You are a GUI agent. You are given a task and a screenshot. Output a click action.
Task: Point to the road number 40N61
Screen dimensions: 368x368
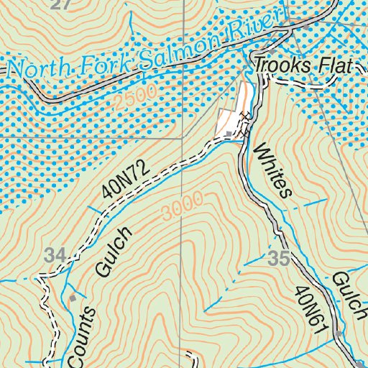click(305, 305)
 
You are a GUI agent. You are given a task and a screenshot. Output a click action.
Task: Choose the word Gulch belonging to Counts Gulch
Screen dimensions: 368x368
click(114, 252)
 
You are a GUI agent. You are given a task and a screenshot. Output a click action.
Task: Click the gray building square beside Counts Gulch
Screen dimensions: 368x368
click(73, 296)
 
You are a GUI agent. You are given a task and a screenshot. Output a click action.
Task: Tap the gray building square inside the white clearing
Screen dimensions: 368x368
click(229, 134)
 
